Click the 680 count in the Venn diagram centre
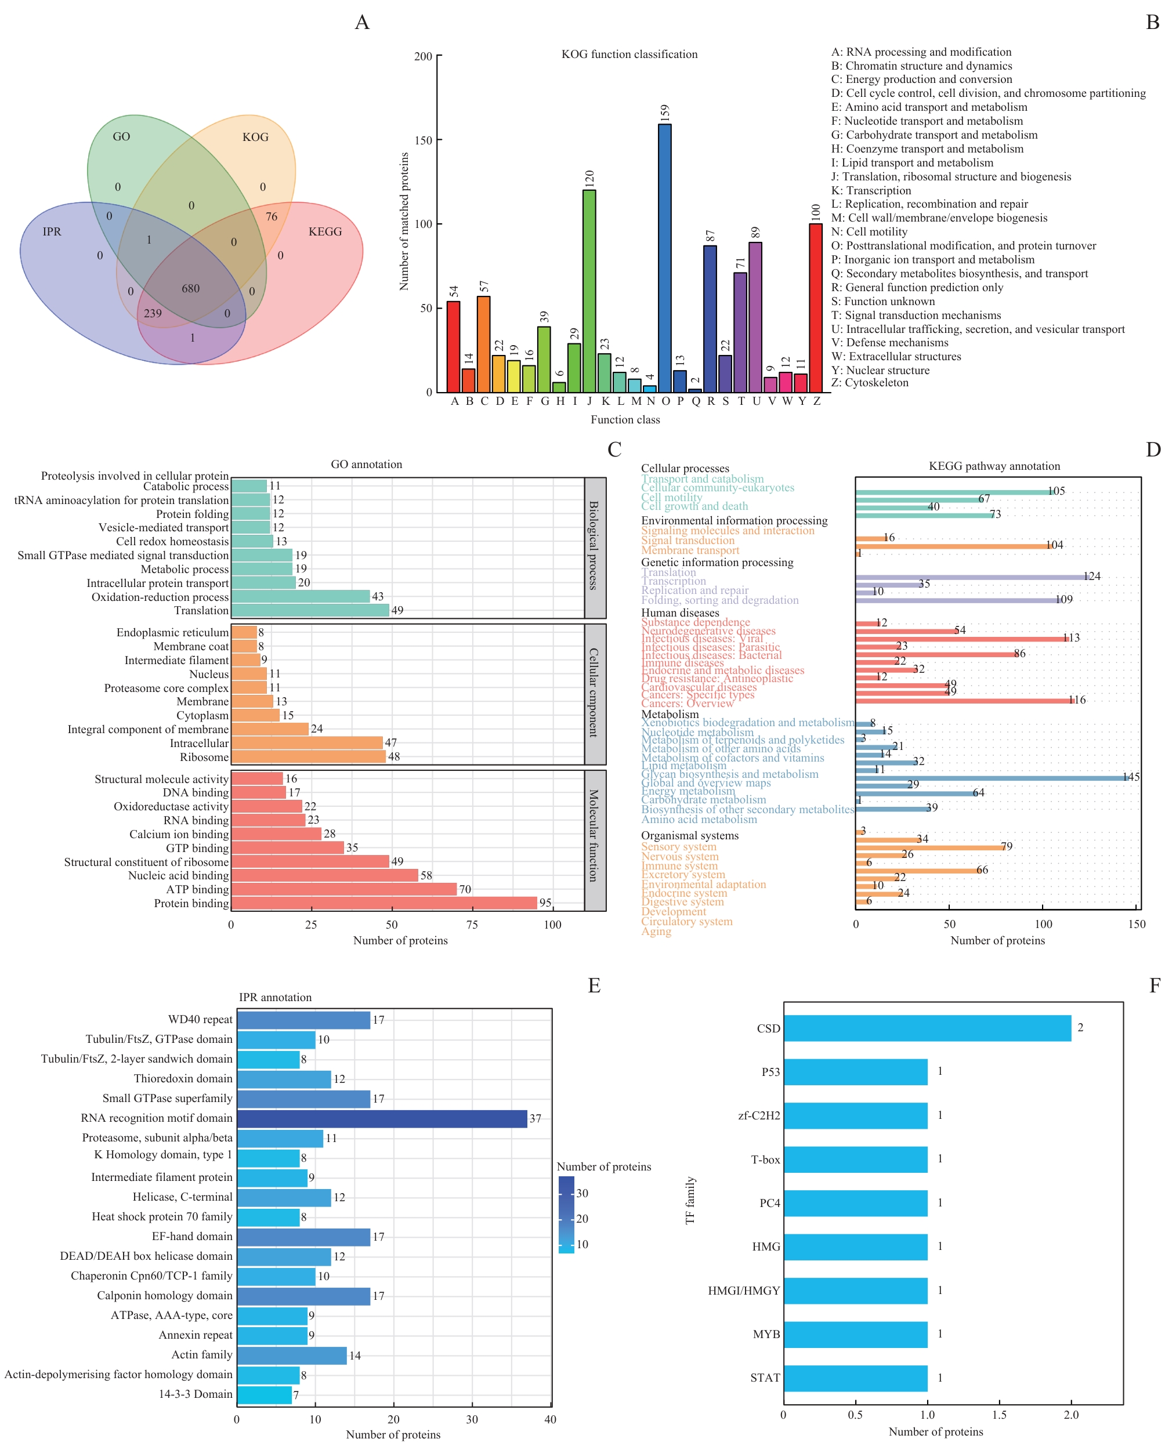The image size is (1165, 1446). coord(190,288)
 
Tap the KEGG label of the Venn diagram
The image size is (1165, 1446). coord(325,231)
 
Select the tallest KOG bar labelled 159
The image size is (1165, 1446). coord(664,258)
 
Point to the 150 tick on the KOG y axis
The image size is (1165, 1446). coord(424,140)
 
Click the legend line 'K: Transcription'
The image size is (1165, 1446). coord(871,191)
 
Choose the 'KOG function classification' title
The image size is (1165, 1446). coord(629,55)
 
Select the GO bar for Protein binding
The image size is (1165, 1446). coord(384,903)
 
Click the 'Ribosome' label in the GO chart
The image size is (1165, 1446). coord(204,757)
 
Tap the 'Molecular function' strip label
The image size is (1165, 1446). coord(594,835)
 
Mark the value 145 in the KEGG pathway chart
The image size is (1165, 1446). coord(1131,777)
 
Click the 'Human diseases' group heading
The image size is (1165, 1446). coord(679,613)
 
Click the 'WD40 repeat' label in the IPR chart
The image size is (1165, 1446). coord(200,1020)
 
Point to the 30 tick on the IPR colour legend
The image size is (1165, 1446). coord(582,1194)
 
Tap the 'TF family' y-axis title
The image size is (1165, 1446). coord(690,1201)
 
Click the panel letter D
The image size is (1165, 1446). coord(1153,450)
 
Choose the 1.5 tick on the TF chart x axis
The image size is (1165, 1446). coord(998,1415)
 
